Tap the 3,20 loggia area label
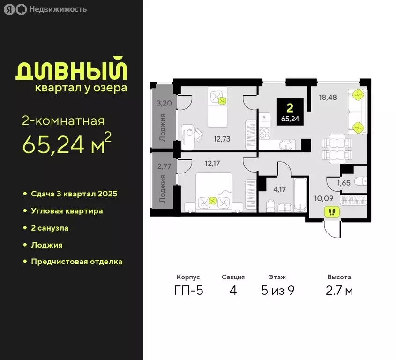point(163,104)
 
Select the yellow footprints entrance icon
point(332,212)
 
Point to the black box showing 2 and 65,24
point(290,112)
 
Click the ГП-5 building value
point(188,291)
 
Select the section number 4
point(233,291)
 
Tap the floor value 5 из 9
point(277,291)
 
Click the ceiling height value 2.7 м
point(339,291)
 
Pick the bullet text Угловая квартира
point(67,211)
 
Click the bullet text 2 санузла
point(50,228)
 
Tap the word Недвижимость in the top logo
point(57,9)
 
